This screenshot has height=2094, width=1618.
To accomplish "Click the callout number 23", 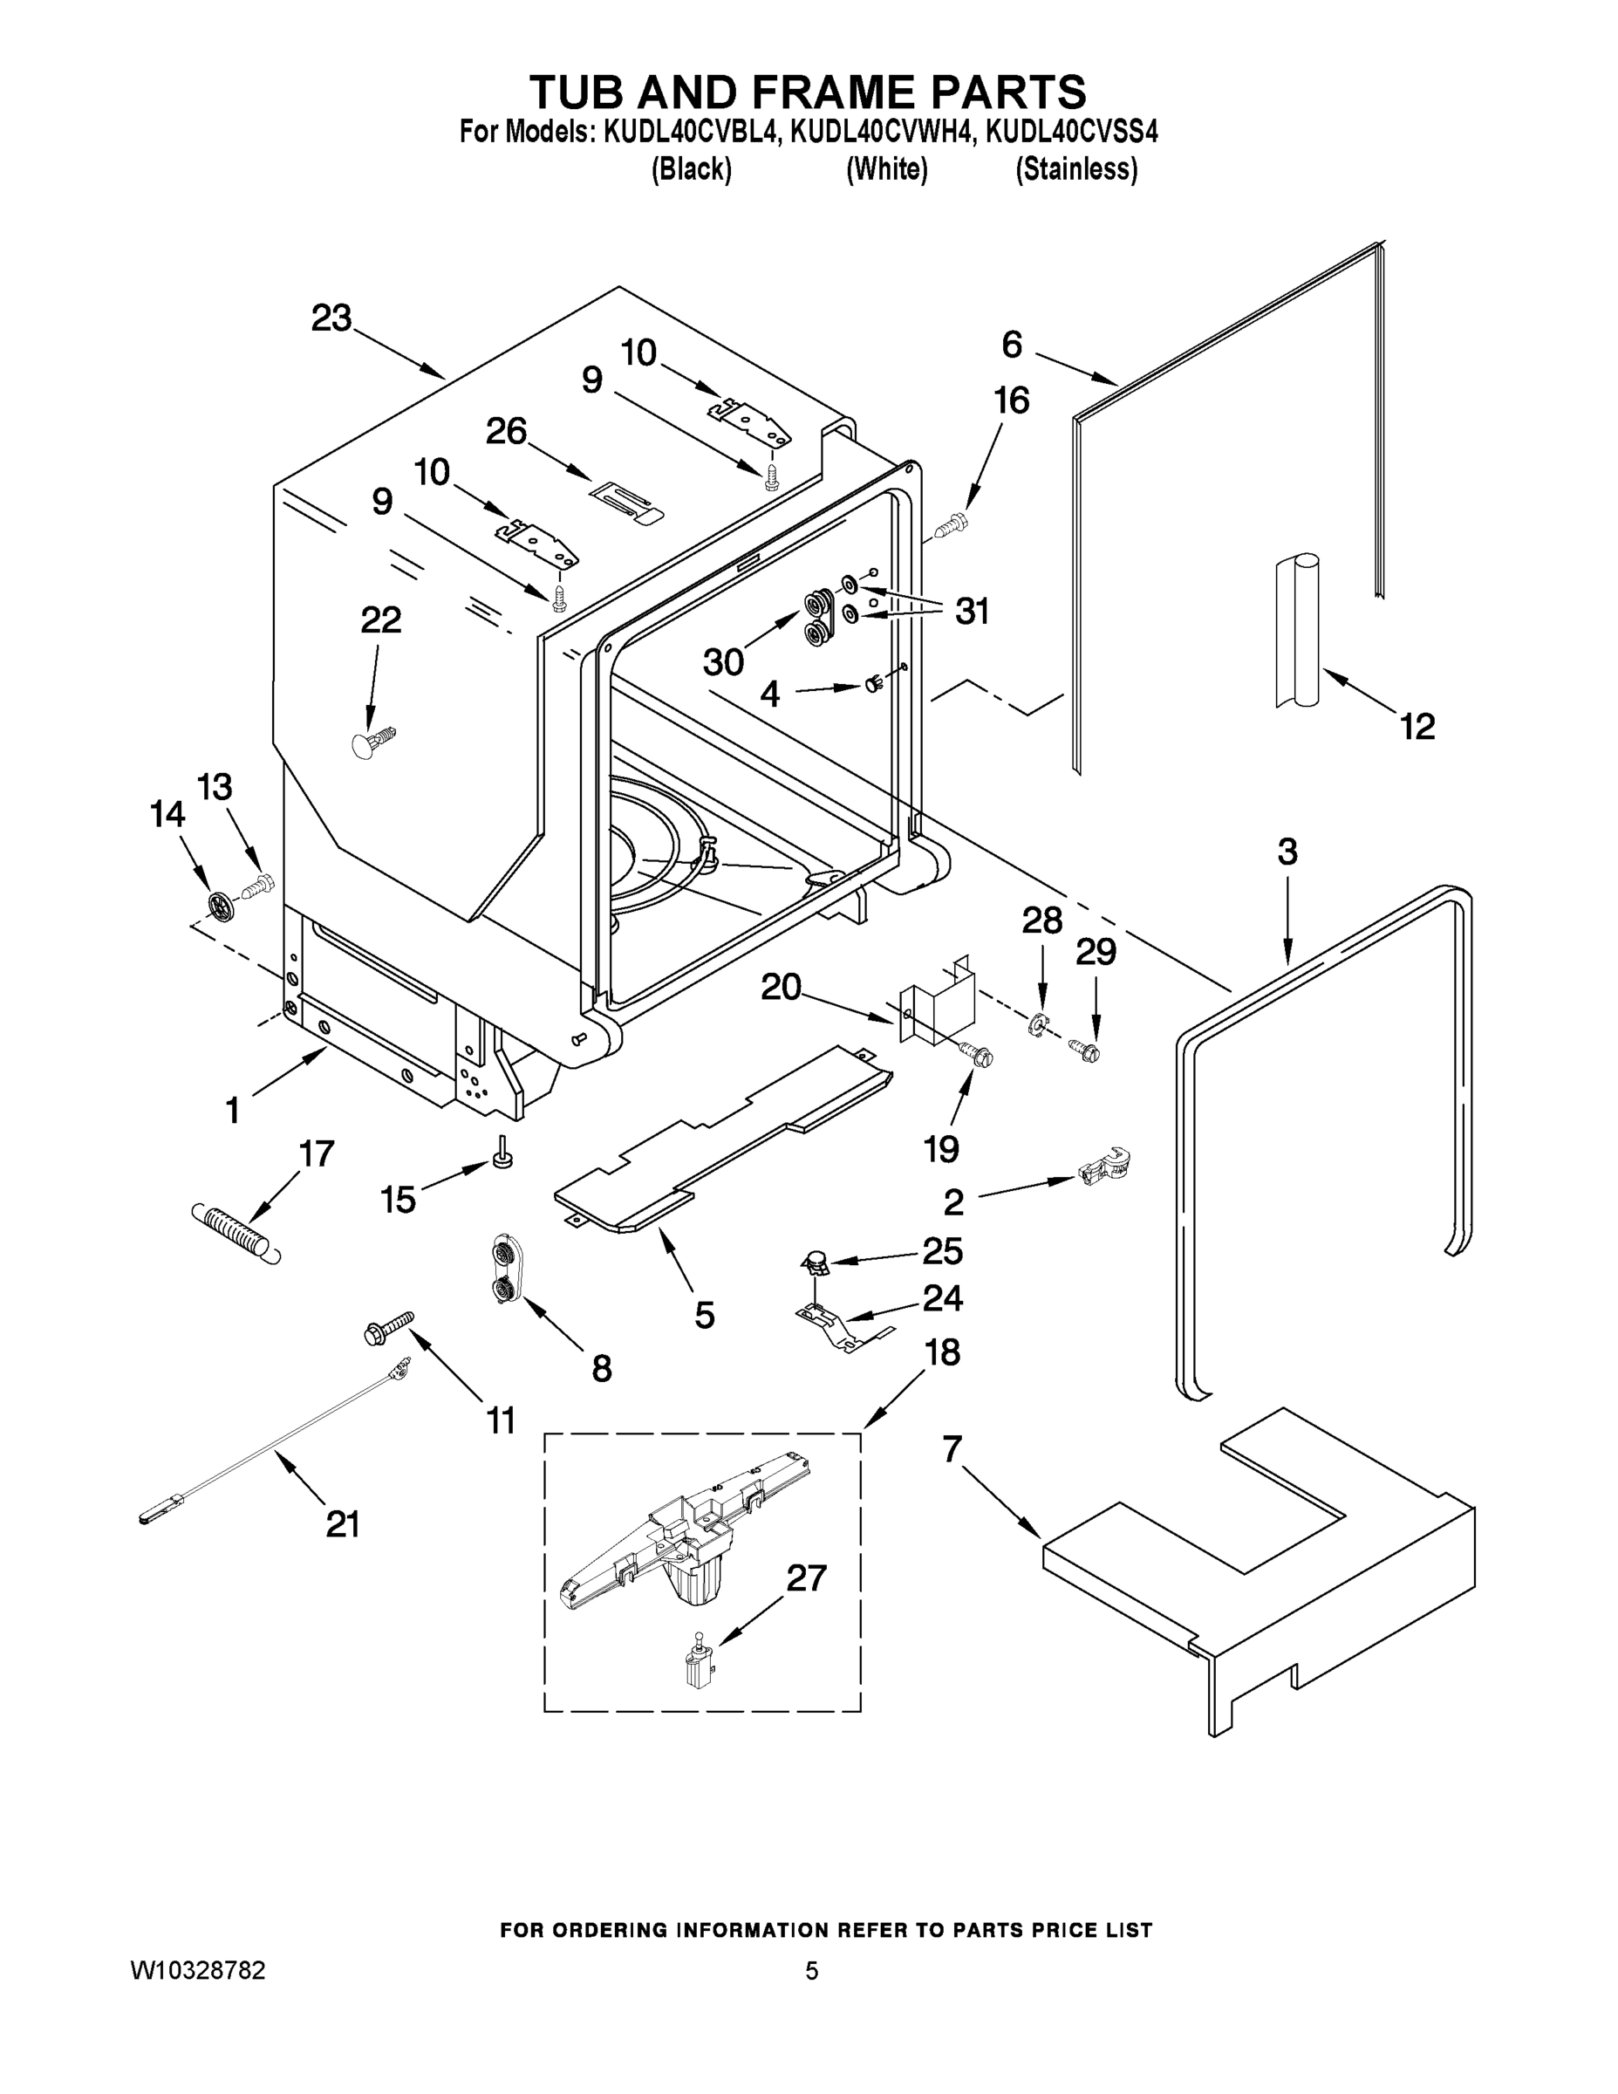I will (331, 318).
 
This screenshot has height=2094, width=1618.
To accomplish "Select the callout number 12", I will (1417, 726).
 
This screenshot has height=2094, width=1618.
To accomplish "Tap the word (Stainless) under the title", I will (1076, 170).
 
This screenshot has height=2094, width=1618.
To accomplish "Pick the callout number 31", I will (972, 612).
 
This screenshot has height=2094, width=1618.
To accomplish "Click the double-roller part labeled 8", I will (503, 1270).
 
